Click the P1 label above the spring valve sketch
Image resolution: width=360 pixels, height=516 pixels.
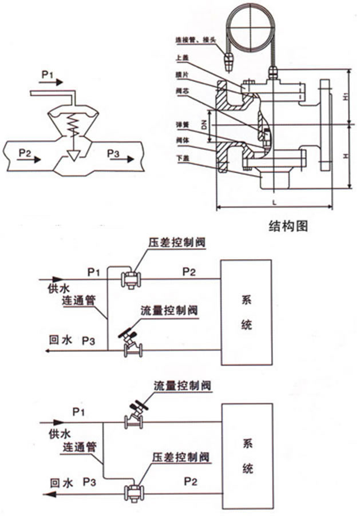tap(49, 74)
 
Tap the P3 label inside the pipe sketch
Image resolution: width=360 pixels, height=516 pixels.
tap(113, 153)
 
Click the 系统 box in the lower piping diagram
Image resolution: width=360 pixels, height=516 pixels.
tap(247, 457)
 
